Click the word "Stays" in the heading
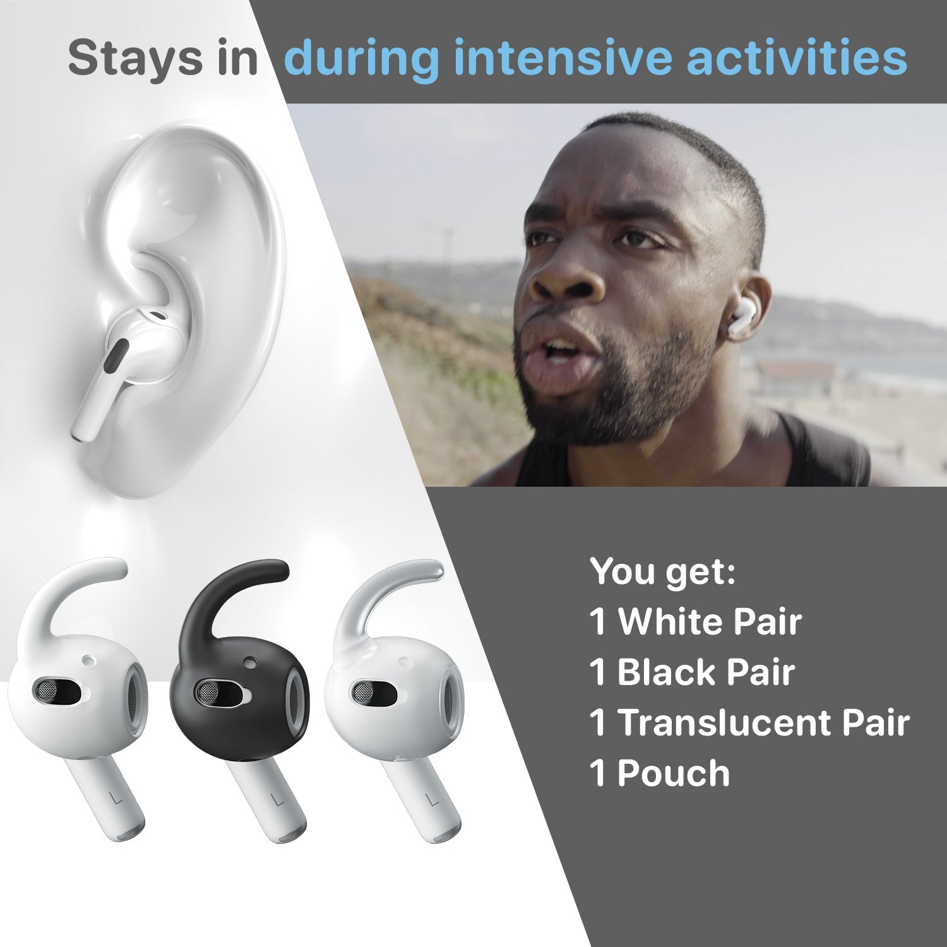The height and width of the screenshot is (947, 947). click(x=130, y=58)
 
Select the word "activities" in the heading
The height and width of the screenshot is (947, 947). click(x=797, y=58)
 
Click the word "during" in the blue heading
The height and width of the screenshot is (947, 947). click(x=361, y=58)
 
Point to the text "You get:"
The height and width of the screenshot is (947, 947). click(x=663, y=572)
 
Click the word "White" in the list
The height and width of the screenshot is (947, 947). click(x=666, y=622)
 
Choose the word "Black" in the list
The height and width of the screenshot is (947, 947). click(x=660, y=672)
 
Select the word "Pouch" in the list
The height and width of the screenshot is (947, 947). click(x=673, y=773)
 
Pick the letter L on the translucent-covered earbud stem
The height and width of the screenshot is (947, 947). click(x=432, y=799)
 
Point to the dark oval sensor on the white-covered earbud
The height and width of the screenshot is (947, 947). click(x=60, y=691)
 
